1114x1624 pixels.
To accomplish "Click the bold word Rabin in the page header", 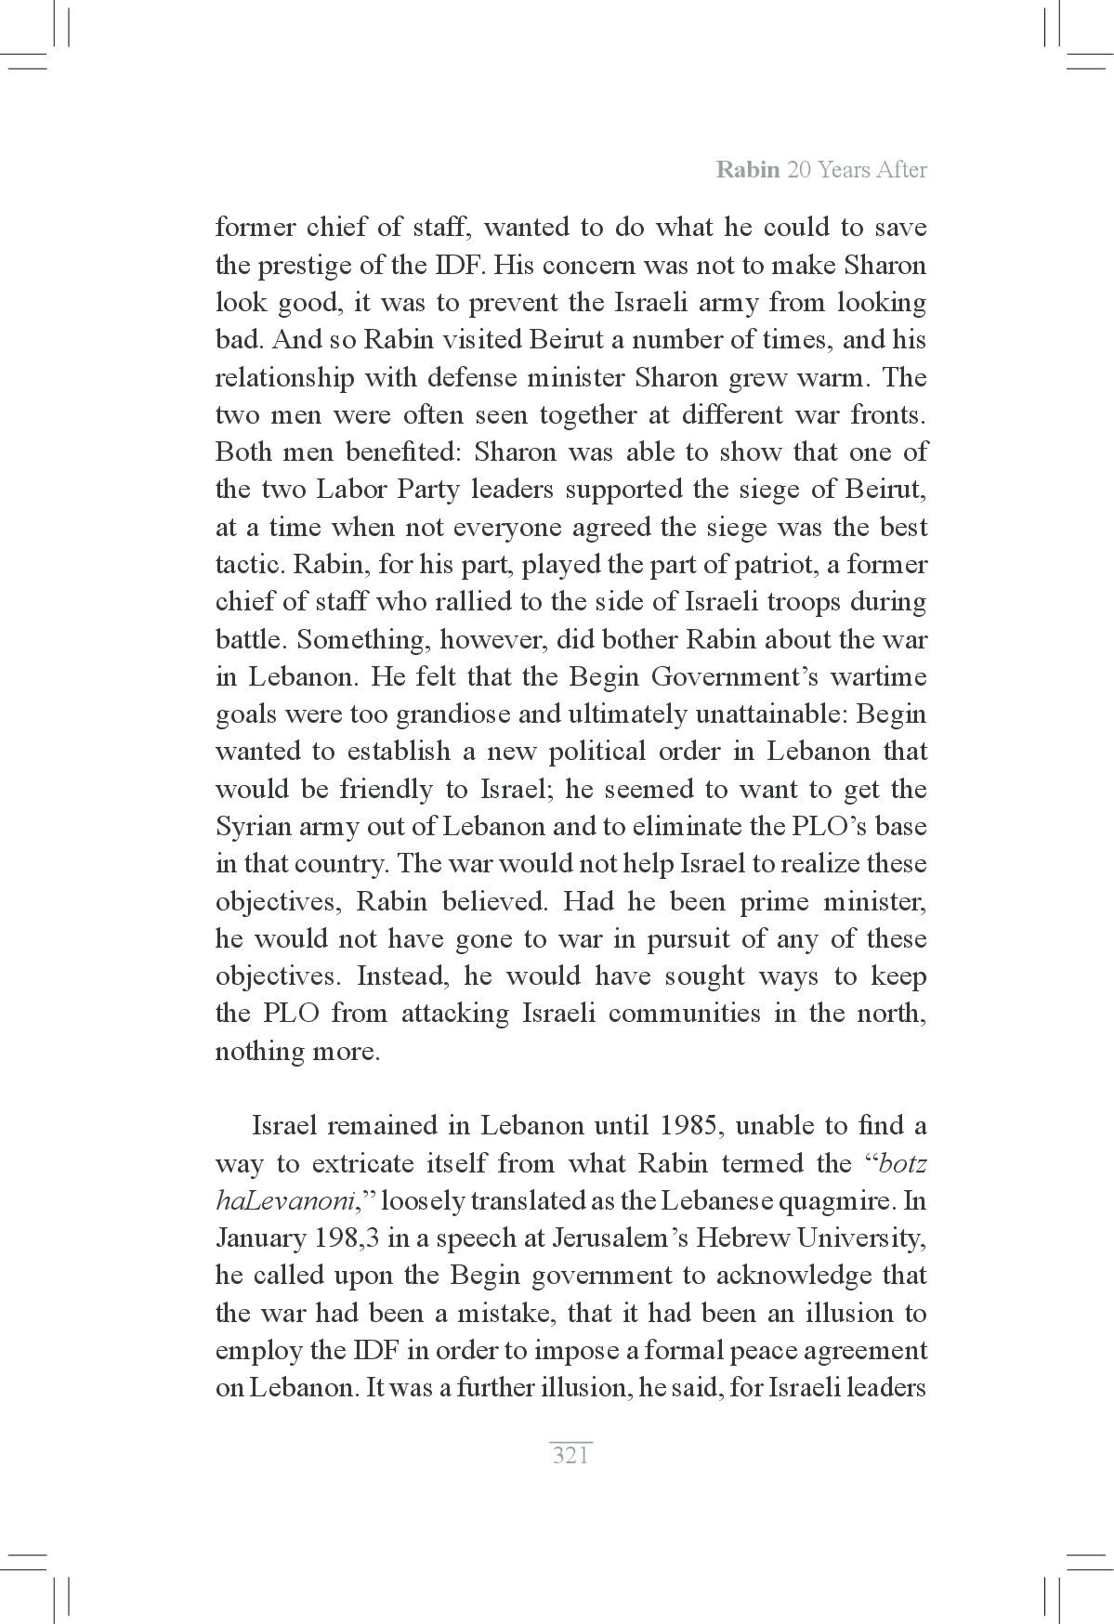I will click(x=747, y=171).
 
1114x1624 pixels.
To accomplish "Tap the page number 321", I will click(x=570, y=1456).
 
